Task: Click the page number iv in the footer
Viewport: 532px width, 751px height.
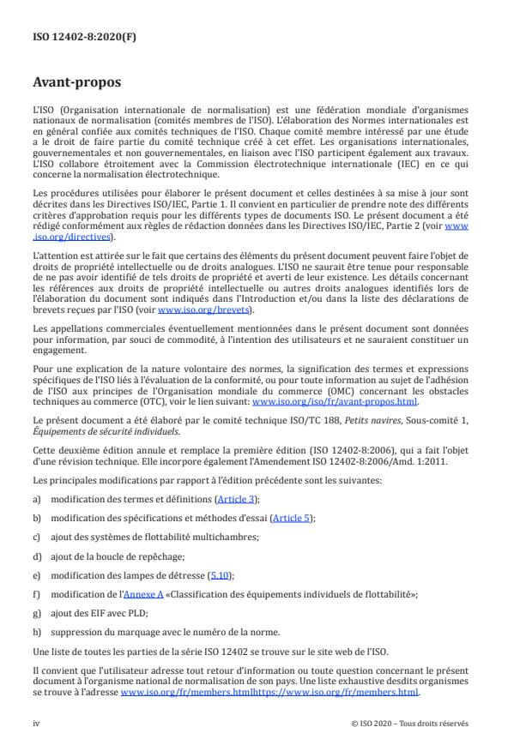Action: tap(35, 722)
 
